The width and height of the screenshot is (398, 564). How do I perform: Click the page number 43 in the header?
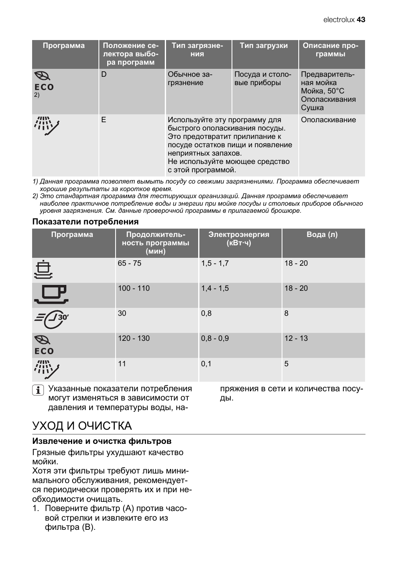coord(361,20)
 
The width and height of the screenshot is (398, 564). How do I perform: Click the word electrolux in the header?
coord(339,20)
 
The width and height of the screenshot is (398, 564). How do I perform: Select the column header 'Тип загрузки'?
coord(264,46)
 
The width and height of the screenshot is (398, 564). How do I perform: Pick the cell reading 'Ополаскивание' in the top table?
coord(328,120)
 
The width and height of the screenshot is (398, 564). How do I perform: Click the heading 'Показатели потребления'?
coord(86,222)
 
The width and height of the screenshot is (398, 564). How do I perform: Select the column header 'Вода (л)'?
coord(322,234)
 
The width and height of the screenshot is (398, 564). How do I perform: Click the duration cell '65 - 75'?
coord(129,263)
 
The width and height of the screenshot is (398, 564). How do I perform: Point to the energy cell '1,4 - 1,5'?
coord(215,288)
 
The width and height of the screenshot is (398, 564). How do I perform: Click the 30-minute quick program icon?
coord(51,320)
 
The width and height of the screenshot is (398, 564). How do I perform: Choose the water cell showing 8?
coord(286,313)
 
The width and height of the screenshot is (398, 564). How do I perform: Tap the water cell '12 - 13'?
coord(296,338)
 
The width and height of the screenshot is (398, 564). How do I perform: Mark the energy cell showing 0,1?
coord(206,364)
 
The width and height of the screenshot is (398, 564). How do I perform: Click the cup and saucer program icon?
coord(51,295)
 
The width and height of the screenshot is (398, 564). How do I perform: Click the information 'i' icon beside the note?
coord(38,390)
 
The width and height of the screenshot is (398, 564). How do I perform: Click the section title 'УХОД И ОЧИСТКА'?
coord(82,426)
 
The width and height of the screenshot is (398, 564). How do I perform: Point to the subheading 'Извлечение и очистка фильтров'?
coord(102,441)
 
